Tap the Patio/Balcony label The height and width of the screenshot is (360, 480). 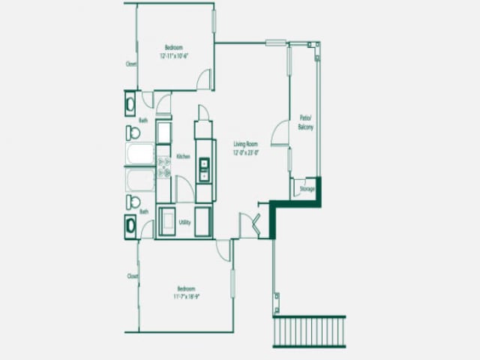click(x=305, y=124)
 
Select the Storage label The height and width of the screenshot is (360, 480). click(x=307, y=189)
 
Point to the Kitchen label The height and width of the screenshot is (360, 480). click(x=182, y=156)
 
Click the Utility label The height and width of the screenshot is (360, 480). click(x=184, y=223)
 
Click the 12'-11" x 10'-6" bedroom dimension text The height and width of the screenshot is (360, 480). click(x=174, y=55)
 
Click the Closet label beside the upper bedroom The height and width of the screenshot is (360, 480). click(x=130, y=64)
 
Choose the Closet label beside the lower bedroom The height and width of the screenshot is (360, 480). click(x=133, y=276)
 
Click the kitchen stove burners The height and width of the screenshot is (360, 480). click(x=164, y=166)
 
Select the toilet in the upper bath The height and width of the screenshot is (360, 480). click(x=133, y=133)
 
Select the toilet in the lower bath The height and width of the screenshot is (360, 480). click(x=133, y=201)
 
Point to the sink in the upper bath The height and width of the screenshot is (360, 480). click(x=130, y=101)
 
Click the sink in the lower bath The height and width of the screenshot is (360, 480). click(x=130, y=225)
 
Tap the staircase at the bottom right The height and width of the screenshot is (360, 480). click(x=309, y=331)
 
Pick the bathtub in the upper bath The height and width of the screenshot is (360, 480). click(x=140, y=154)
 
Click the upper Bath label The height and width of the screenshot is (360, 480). click(x=142, y=120)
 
